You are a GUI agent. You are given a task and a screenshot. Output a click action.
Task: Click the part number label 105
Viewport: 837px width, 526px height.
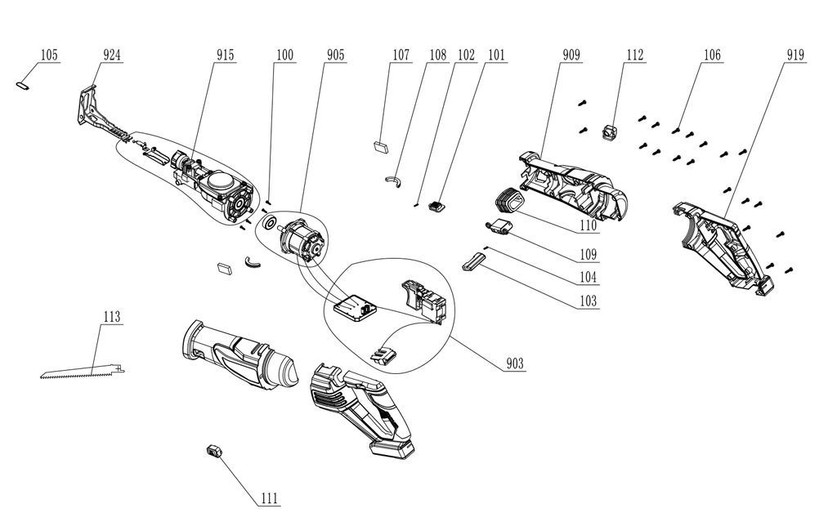[x=49, y=56]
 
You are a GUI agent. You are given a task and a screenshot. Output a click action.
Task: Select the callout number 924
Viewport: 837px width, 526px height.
[x=113, y=56]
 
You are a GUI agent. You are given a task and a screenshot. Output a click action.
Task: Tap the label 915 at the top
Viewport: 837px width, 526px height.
[x=225, y=56]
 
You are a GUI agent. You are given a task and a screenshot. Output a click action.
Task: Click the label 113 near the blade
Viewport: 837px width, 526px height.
[x=112, y=317]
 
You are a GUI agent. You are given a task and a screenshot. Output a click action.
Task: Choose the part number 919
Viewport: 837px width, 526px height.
[x=795, y=56]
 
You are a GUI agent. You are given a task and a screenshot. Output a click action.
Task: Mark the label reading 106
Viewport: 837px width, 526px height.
[x=711, y=56]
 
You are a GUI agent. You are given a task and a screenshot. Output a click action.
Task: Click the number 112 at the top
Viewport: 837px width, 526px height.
[x=634, y=56]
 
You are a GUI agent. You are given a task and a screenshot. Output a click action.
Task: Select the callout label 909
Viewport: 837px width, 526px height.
[x=571, y=56]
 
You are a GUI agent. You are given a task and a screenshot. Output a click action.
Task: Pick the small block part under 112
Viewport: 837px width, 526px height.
[x=610, y=131]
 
